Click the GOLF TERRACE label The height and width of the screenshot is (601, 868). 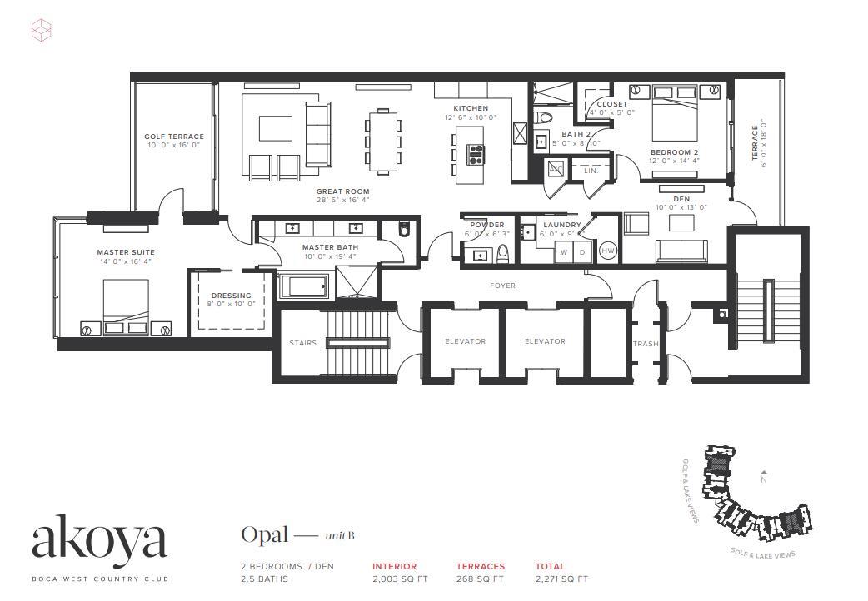point(173,137)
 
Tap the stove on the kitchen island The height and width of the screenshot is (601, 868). point(476,154)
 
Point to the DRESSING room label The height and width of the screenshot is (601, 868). point(231,296)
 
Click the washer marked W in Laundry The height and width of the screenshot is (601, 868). point(564,251)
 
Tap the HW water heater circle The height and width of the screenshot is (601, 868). point(608,251)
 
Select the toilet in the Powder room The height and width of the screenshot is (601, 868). point(503,252)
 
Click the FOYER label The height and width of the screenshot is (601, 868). point(502,286)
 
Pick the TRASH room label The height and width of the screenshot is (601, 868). point(646,344)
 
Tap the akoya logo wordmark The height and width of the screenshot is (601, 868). point(99,540)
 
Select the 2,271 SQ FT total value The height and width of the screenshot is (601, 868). point(561,579)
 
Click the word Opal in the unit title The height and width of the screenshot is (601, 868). point(264,534)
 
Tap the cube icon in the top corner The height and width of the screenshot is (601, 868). point(42,32)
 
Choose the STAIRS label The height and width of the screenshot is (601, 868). point(302,343)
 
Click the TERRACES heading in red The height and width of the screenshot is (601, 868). point(480,566)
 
